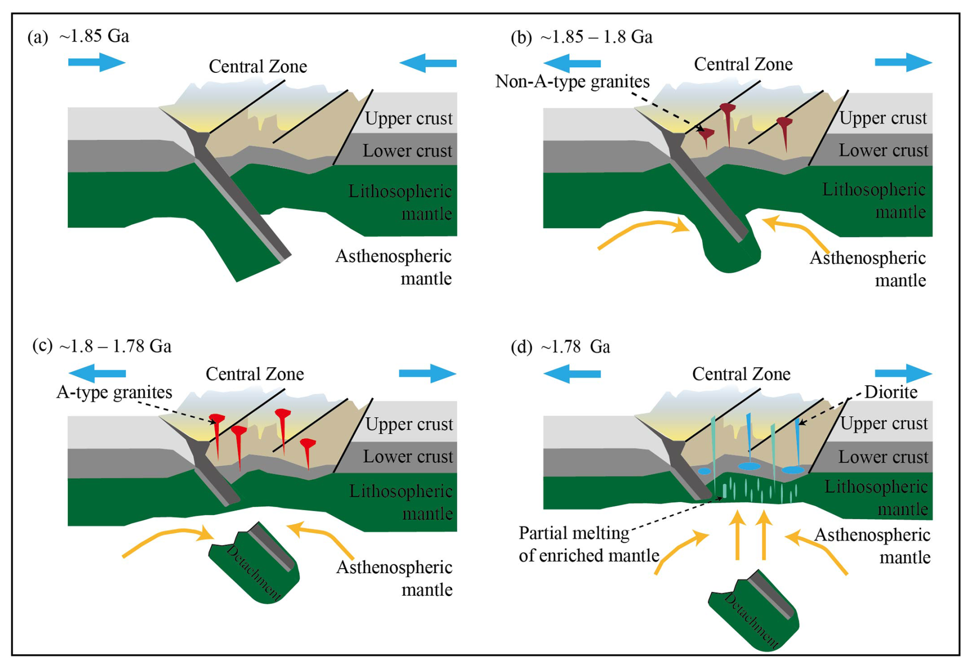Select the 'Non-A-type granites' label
tap(572, 81)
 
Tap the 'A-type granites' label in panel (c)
tap(114, 392)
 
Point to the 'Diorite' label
tap(890, 392)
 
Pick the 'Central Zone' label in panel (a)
tap(258, 66)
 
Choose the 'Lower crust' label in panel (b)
tap(883, 150)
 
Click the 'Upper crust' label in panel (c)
tap(409, 424)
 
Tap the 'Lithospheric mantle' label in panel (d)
tap(876, 498)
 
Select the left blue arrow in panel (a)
tap(96, 63)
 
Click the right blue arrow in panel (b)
tap(903, 63)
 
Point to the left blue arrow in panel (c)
tap(98, 373)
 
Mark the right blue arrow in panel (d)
tap(903, 373)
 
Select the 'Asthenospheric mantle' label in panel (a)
tap(394, 267)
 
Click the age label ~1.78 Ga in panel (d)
tap(575, 347)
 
